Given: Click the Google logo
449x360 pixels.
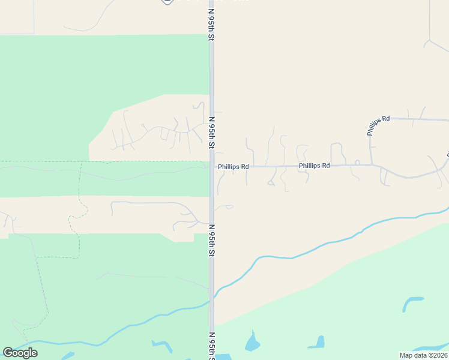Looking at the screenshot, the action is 20,353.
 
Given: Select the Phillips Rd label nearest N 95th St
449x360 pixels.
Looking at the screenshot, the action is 233,166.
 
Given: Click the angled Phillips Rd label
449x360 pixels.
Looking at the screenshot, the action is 378,124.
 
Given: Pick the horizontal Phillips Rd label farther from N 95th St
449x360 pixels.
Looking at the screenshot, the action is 315,165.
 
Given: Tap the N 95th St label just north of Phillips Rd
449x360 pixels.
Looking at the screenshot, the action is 212,133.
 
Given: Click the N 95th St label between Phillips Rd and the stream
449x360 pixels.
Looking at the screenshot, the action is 212,241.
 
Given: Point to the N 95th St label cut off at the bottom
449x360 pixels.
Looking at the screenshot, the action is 212,347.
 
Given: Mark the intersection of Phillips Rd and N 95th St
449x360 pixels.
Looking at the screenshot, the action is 212,167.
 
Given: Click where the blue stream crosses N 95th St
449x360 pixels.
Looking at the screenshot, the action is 212,298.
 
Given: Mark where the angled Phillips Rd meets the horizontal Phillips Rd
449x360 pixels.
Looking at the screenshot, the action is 372,164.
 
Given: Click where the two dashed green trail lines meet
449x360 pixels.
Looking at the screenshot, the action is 79,161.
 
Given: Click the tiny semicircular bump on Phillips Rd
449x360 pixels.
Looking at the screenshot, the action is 357,163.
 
